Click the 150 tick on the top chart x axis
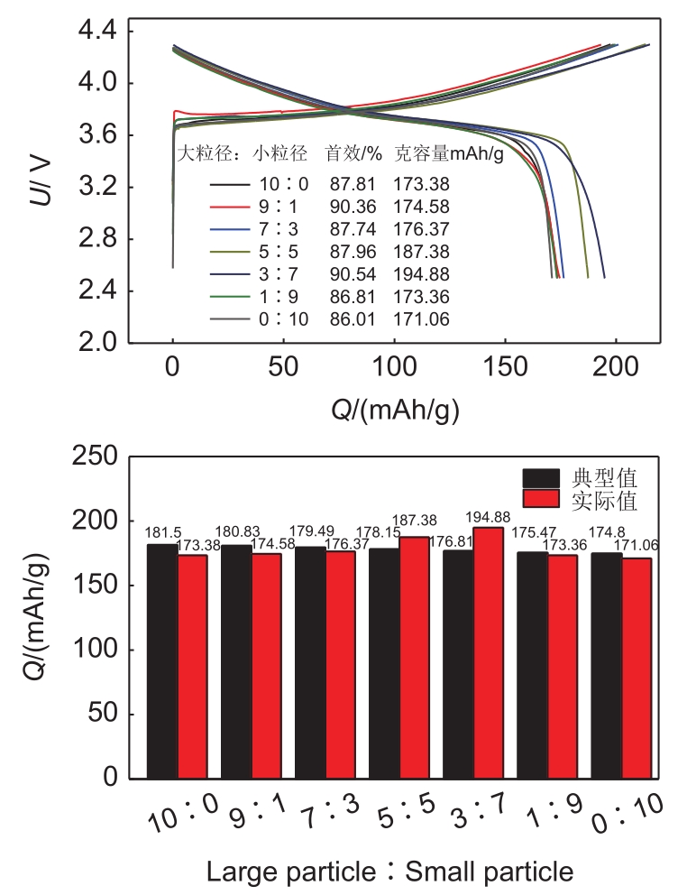[x=505, y=366]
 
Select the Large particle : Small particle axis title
[x=389, y=872]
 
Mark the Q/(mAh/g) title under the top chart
[x=394, y=410]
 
